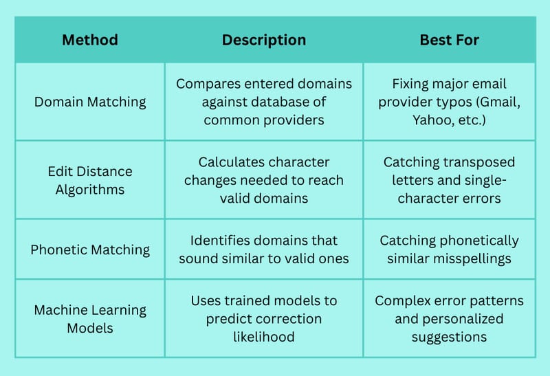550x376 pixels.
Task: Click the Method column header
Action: pos(90,40)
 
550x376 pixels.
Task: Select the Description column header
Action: pos(264,41)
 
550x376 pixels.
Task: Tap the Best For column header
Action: pos(450,40)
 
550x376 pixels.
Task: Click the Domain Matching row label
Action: pos(90,102)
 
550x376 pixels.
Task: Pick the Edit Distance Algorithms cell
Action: pos(90,180)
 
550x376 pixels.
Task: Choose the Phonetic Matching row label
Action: pos(90,250)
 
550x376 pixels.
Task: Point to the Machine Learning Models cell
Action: pos(90,319)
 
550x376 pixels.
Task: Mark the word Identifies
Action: pos(219,241)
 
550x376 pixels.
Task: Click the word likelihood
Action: pos(264,337)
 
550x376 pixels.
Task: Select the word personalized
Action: pos(463,319)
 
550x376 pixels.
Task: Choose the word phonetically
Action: pos(478,241)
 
